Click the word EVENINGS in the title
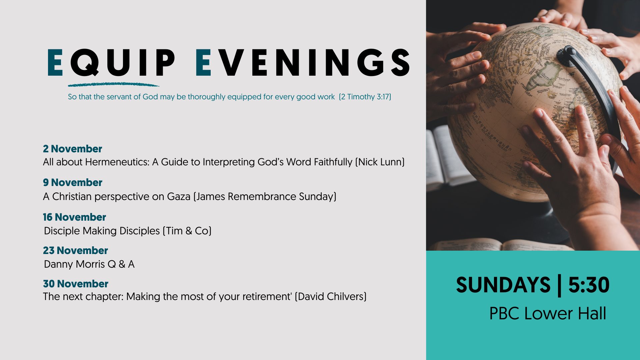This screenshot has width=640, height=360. click(303, 62)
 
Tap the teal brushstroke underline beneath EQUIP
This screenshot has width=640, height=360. click(113, 85)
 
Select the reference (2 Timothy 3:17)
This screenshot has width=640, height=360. click(365, 97)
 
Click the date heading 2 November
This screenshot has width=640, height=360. click(72, 149)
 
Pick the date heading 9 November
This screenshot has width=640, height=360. click(72, 182)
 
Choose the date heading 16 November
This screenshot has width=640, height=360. click(74, 217)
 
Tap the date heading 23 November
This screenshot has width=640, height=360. click(75, 250)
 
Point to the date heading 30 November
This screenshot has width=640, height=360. click(76, 284)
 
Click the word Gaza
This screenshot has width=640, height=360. click(179, 197)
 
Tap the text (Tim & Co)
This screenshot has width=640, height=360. click(187, 231)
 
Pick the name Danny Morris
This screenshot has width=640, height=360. click(74, 264)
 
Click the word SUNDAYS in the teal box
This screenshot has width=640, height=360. click(503, 285)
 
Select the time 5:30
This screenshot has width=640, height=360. click(589, 285)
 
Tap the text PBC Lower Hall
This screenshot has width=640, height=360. click(548, 313)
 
